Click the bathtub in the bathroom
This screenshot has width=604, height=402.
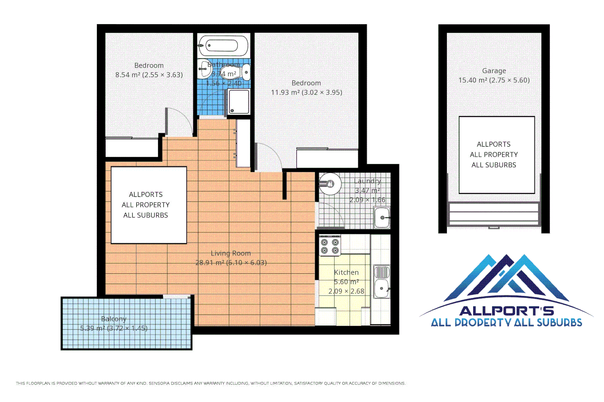223,46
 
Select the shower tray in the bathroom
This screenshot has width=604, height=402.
239,102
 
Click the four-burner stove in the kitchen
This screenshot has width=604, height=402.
330,246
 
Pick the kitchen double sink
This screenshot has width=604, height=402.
381,281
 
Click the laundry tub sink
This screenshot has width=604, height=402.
382,217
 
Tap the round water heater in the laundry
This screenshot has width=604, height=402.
330,184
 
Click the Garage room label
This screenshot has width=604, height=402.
494,71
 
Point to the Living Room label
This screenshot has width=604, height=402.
230,253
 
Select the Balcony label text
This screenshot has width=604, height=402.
114,319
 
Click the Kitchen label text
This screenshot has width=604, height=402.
346,272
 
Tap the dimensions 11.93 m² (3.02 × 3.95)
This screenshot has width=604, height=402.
306,92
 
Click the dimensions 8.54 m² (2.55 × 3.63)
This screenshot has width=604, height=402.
149,75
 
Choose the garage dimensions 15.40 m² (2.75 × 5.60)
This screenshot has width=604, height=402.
494,80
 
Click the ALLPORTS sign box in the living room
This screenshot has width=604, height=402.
148,205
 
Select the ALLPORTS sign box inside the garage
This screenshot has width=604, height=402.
496,154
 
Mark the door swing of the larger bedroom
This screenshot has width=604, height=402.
268,156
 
